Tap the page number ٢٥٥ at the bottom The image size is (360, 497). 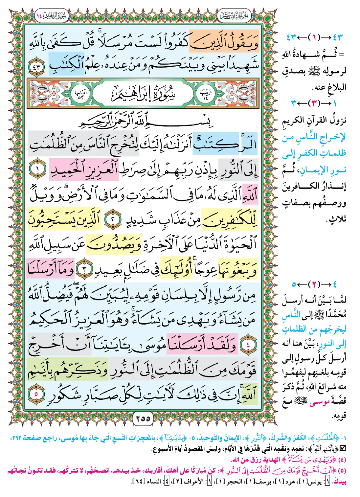pos(143,418)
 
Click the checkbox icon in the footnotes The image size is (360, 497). pos(342,449)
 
